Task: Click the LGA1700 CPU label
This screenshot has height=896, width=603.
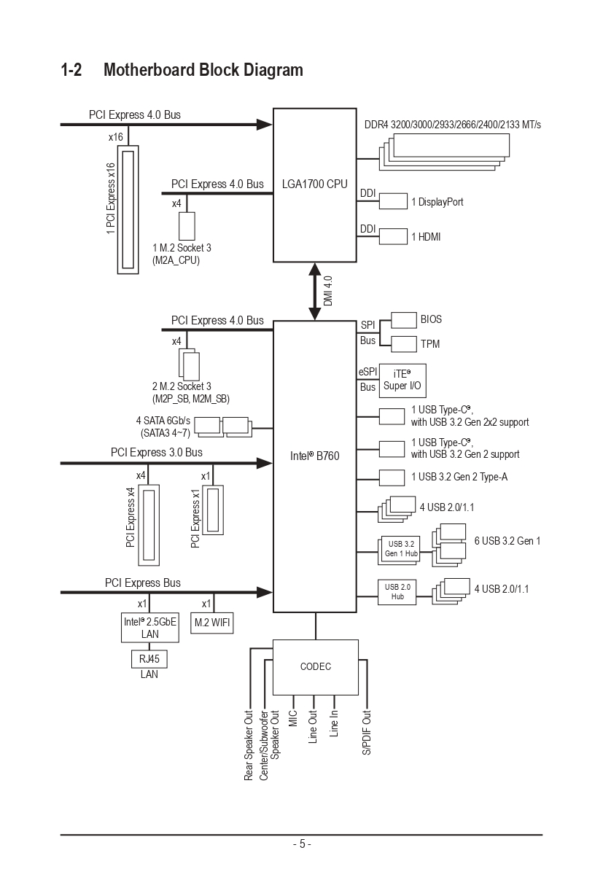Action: pyautogui.click(x=315, y=184)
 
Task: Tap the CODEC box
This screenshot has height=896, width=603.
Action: pyautogui.click(x=315, y=666)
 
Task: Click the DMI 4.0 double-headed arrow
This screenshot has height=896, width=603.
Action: pyautogui.click(x=315, y=292)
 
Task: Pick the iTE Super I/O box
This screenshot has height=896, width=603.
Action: pyautogui.click(x=402, y=379)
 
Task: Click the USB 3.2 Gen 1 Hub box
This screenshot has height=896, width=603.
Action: pyautogui.click(x=397, y=548)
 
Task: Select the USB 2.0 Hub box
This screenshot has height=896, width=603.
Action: pyautogui.click(x=397, y=591)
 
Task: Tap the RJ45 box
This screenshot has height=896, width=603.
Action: pyautogui.click(x=149, y=659)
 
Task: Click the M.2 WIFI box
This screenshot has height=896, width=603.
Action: pyautogui.click(x=211, y=623)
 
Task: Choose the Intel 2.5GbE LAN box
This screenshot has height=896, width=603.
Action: pyautogui.click(x=149, y=628)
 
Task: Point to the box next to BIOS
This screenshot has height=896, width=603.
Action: pyautogui.click(x=403, y=320)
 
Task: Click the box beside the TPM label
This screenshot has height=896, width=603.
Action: pyautogui.click(x=403, y=343)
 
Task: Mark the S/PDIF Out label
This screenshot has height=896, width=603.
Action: pyautogui.click(x=367, y=732)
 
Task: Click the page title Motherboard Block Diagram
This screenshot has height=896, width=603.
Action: pyautogui.click(x=203, y=70)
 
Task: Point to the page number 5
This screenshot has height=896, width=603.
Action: pyautogui.click(x=301, y=844)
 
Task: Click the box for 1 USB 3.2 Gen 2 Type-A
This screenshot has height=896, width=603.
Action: pyautogui.click(x=392, y=477)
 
